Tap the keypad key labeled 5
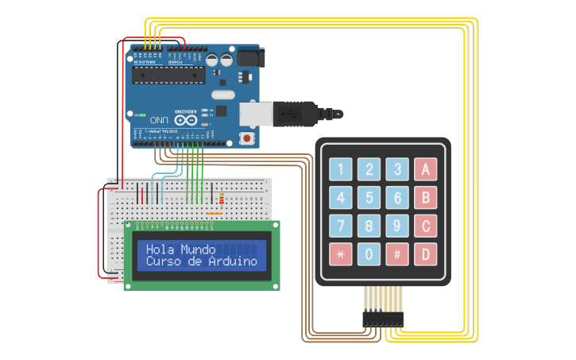[369, 198]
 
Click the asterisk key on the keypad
[341, 254]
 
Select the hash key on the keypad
[397, 254]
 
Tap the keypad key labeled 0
[369, 254]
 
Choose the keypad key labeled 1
[341, 169]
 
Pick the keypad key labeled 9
[397, 226]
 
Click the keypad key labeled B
[425, 198]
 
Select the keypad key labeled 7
[341, 226]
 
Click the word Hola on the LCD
[160, 250]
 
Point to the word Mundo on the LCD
[198, 250]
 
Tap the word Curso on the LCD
[165, 261]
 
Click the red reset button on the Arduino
[247, 138]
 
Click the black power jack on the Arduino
[250, 57]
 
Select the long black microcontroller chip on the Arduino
[168, 75]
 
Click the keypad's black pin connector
[383, 319]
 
